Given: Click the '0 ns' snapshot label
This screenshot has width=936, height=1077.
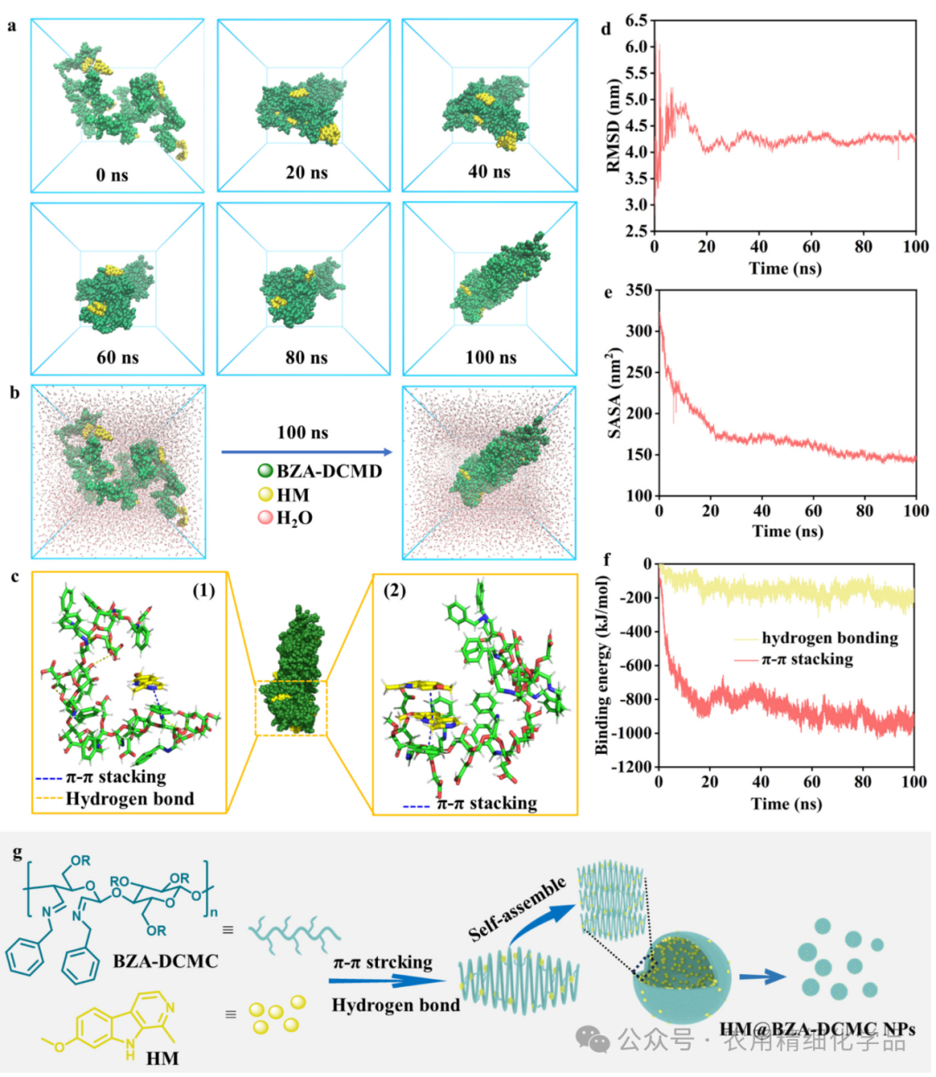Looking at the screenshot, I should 112,175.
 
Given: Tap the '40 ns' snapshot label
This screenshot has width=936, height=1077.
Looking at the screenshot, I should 489,172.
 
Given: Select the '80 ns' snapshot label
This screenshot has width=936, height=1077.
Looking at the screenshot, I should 307,358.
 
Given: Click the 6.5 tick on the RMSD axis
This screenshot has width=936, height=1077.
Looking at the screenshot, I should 636,20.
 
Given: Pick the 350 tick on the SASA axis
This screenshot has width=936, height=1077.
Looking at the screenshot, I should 639,290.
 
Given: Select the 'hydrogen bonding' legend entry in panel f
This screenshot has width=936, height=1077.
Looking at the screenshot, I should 829,639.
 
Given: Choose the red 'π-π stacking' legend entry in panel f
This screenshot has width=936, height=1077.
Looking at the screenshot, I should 807,660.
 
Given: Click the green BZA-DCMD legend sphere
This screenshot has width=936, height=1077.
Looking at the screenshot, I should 265,471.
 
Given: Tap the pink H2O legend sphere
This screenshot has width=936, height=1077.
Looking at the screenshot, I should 265,517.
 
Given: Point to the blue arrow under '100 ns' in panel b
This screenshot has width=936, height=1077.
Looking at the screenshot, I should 307,452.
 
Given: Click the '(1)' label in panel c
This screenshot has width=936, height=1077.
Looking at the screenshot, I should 204,591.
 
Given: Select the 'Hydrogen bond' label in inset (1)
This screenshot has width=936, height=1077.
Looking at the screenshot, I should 130,799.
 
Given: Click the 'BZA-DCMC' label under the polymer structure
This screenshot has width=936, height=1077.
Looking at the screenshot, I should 166,961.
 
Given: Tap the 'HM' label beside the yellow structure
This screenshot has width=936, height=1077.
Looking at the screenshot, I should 162,1057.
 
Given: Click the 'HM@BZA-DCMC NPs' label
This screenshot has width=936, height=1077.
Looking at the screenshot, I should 817,1030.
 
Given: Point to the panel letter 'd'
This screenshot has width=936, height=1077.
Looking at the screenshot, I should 607,29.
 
